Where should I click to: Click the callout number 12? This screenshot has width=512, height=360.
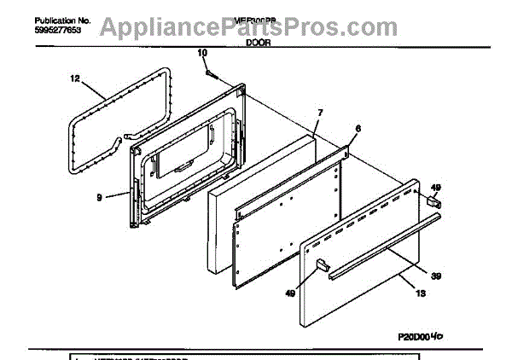[x=74, y=79]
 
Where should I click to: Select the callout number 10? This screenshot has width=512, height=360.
[x=202, y=54]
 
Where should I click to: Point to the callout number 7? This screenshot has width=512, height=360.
[x=320, y=113]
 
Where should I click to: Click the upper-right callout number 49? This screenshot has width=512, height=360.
[x=435, y=187]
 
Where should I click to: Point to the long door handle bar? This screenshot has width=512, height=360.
[x=384, y=249]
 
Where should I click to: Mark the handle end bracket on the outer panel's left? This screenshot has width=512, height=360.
[x=323, y=268]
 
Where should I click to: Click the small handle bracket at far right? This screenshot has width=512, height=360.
[x=434, y=202]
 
